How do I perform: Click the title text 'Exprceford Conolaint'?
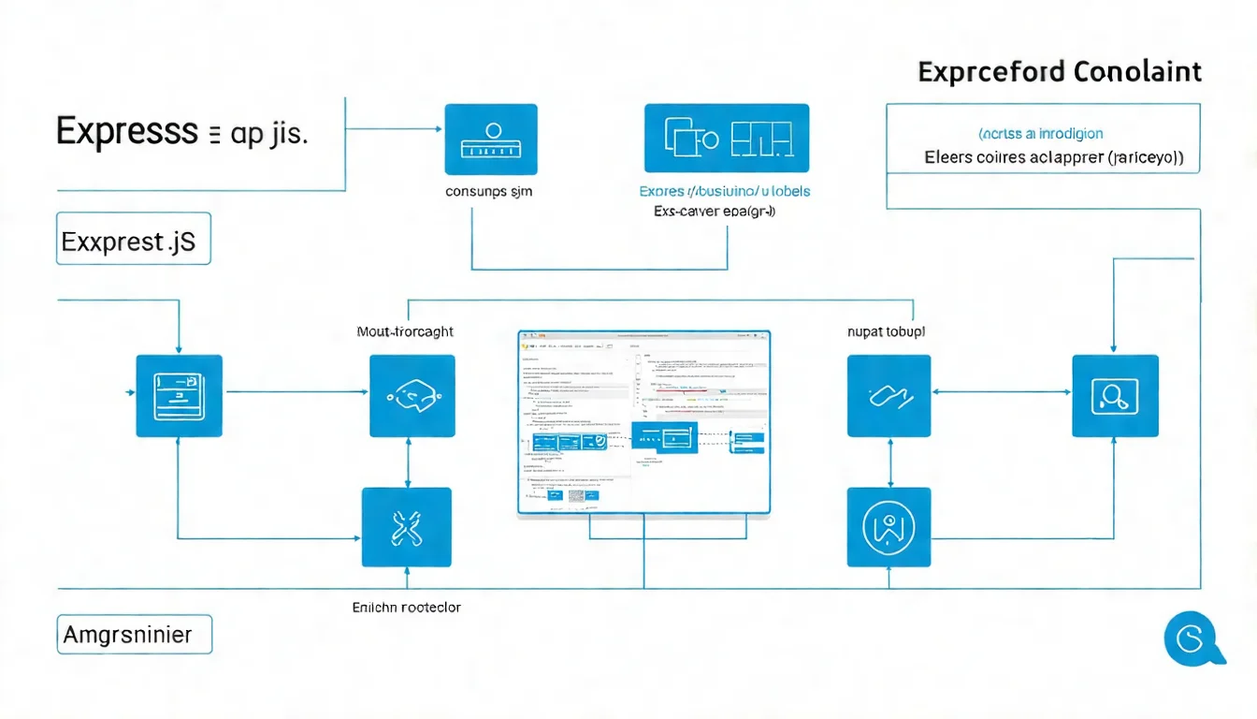point(1060,72)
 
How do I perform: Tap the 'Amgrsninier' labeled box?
point(134,634)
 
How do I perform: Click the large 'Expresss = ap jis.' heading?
point(181,133)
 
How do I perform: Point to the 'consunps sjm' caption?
point(489,191)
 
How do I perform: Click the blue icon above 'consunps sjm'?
point(491,139)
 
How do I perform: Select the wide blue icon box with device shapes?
point(727,139)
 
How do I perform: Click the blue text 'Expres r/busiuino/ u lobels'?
point(725,191)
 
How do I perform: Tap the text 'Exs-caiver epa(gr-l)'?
point(715,212)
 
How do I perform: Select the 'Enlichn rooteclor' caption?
point(406,607)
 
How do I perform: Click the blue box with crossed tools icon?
point(407,527)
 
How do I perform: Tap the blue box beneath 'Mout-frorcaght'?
point(412,395)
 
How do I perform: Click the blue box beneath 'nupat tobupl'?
point(889,395)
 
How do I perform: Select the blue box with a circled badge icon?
point(889,527)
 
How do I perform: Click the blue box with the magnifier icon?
point(1115,395)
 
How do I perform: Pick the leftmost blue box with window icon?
point(179,395)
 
